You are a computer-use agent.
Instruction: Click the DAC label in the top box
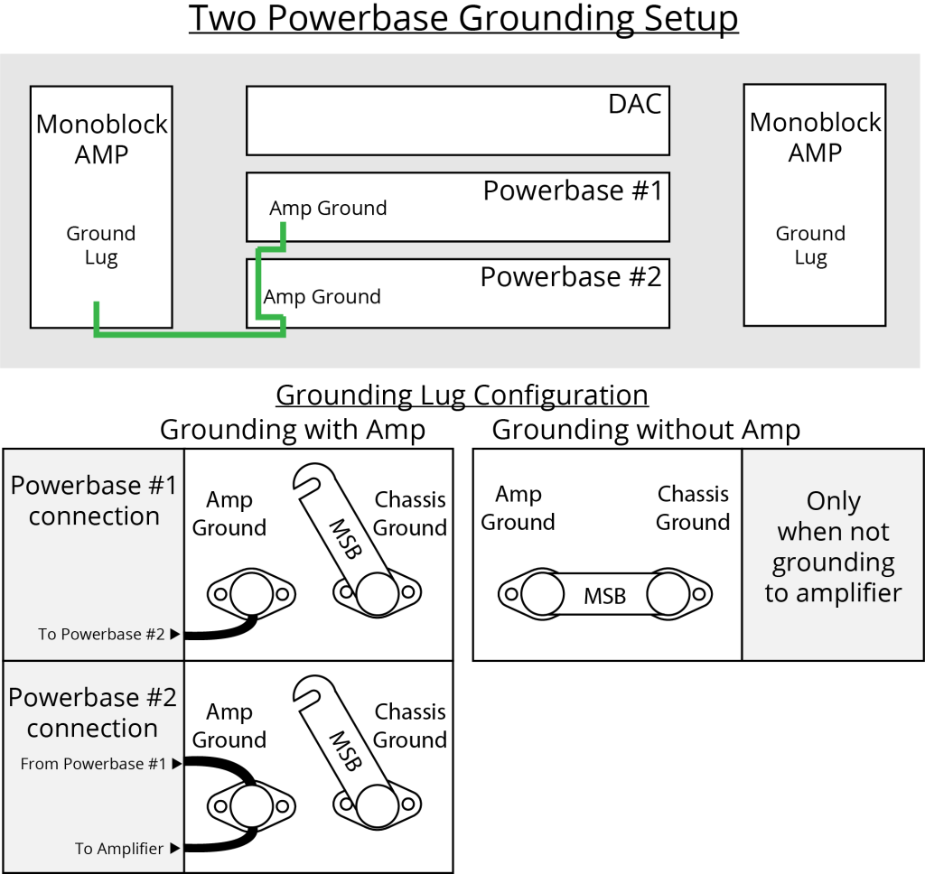point(634,103)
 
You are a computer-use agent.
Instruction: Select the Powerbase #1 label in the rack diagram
point(572,191)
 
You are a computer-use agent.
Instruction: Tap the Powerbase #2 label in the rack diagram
point(570,276)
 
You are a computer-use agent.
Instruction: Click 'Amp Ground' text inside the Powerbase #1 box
point(328,209)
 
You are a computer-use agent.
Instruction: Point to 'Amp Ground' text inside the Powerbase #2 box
point(322,297)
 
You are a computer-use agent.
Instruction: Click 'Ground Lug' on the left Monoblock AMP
point(100,246)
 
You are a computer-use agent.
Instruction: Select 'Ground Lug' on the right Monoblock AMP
point(810,246)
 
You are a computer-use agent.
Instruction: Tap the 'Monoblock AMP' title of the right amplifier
point(815,137)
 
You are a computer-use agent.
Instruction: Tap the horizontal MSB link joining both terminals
point(603,595)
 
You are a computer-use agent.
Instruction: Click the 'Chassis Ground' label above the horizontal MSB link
point(693,507)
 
